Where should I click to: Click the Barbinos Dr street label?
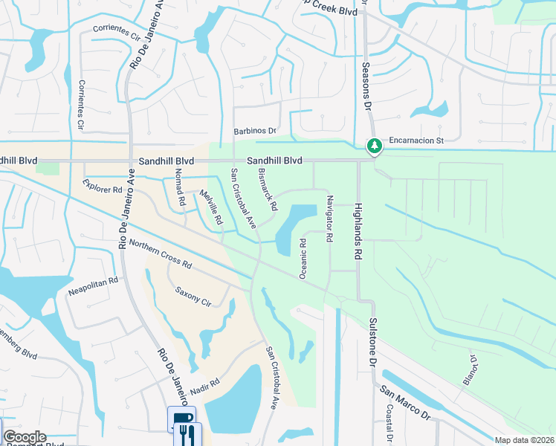[x=255, y=131]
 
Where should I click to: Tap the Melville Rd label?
[x=210, y=207]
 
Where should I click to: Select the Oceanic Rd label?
[x=303, y=258]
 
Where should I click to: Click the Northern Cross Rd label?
[x=160, y=254]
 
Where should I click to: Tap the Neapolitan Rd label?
[x=94, y=282]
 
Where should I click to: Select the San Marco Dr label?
[x=405, y=403]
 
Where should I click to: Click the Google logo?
[x=25, y=437]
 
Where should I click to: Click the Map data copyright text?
[x=524, y=440]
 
